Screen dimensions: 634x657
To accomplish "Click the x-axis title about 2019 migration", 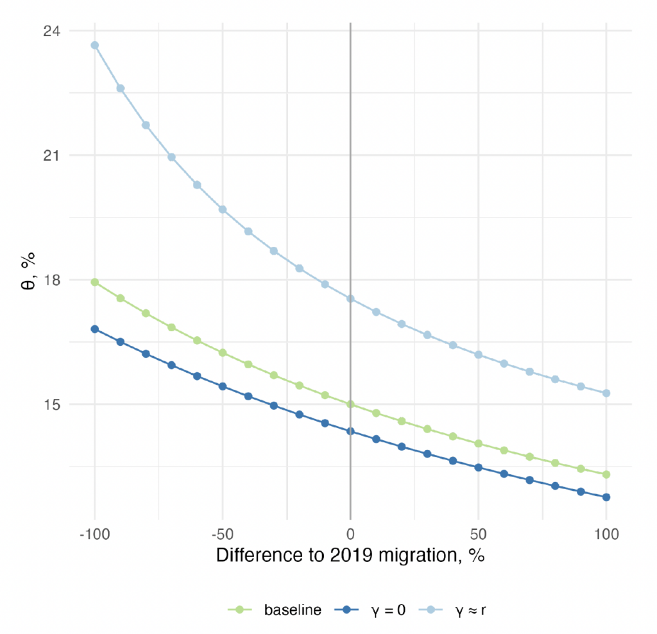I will click(350, 556).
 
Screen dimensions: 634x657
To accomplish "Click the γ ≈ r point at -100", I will click(94, 45).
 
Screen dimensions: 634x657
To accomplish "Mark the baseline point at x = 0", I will click(350, 404).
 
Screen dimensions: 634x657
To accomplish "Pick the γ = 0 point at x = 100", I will click(606, 497).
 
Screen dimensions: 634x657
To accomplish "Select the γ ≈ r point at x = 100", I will click(606, 393).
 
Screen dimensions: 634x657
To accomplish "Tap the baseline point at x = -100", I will click(94, 282).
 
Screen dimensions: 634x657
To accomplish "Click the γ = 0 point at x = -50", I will click(223, 386).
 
